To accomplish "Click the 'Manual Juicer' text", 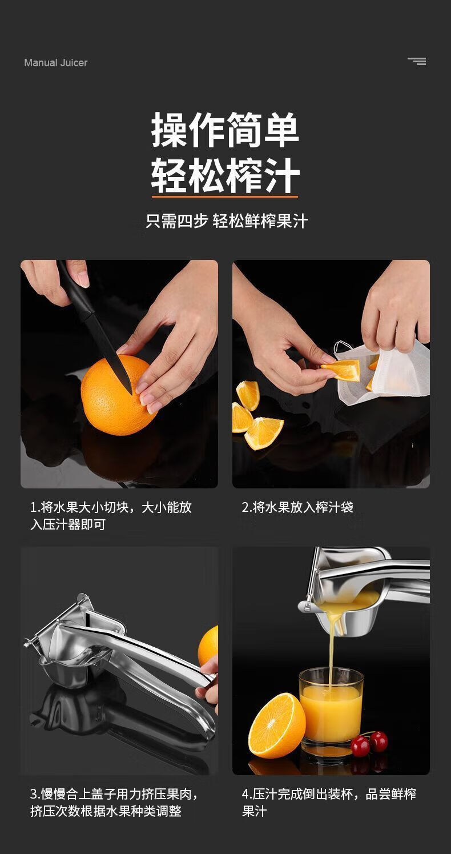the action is coord(55,63).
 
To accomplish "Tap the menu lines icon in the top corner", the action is coord(417,61).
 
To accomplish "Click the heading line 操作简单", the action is coord(225,130).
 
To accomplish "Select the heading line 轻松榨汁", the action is coord(225,175).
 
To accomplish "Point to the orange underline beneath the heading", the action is coord(225,197).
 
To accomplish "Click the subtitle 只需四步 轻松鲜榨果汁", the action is coord(227,221).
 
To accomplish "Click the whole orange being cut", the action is coord(118,395).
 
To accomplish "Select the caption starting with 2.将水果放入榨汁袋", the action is coord(297,507).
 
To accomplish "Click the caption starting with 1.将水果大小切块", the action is coord(110,516).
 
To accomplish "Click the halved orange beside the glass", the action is coord(277,726).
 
